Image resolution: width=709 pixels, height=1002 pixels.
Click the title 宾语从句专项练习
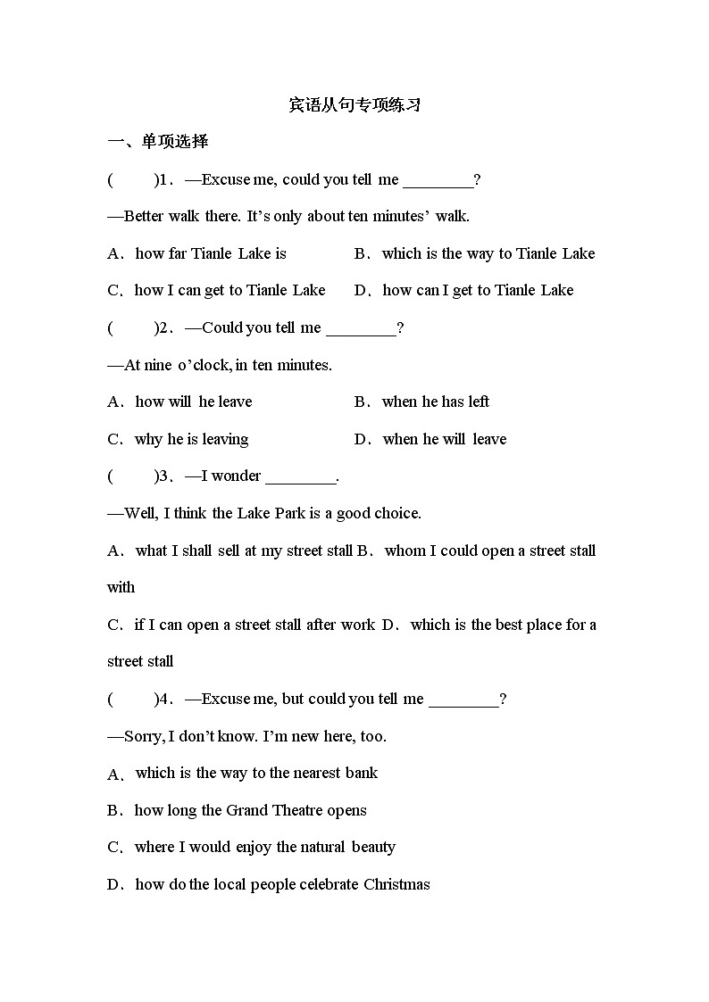click(354, 105)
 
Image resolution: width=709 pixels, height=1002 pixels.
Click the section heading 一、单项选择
click(157, 142)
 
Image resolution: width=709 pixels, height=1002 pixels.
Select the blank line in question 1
click(438, 181)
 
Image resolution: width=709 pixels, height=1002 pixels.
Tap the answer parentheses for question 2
click(131, 328)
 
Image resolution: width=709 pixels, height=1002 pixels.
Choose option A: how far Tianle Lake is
click(210, 254)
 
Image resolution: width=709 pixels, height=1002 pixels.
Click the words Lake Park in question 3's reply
click(270, 514)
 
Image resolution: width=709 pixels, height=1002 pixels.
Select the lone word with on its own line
click(121, 588)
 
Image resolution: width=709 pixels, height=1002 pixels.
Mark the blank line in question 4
click(463, 700)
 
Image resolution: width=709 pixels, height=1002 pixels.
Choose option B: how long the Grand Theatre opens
click(250, 811)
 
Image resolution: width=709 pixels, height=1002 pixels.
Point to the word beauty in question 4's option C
click(373, 848)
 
